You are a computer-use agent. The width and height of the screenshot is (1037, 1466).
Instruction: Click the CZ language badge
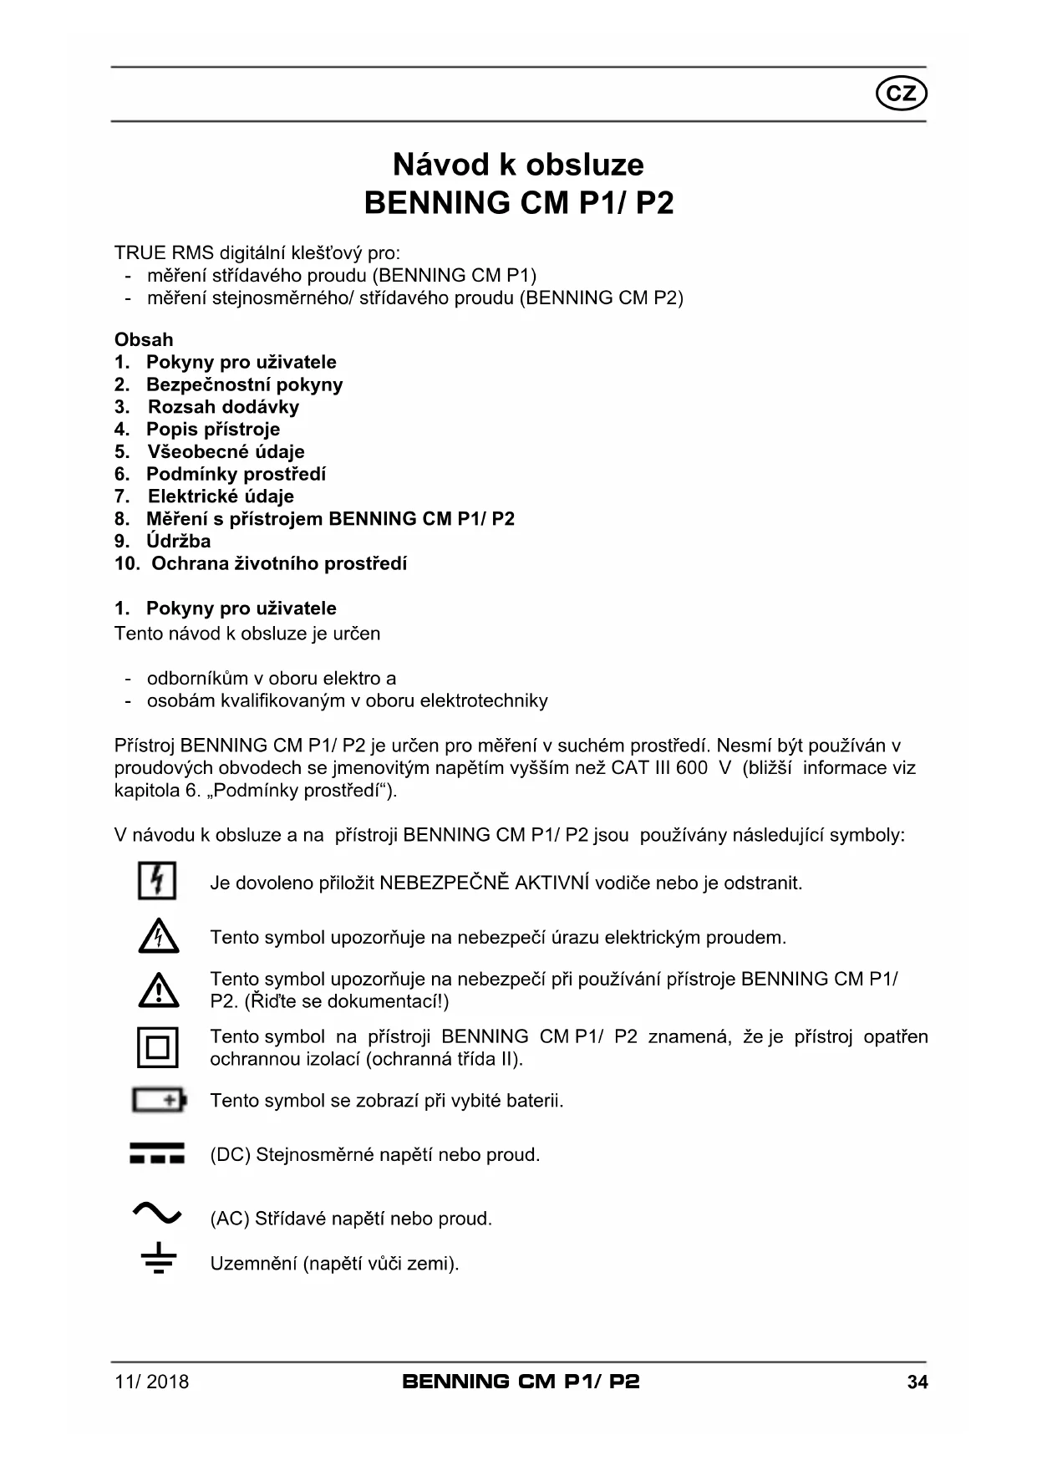[901, 94]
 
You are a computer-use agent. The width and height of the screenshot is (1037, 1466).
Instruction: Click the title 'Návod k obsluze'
[518, 165]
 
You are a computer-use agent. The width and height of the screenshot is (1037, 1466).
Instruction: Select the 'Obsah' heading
[144, 339]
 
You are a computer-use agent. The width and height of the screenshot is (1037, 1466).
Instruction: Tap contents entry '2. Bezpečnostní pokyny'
[229, 384]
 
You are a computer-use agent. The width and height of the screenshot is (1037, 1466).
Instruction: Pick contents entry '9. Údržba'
[163, 541]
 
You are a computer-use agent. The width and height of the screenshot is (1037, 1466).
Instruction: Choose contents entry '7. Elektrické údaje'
[205, 496]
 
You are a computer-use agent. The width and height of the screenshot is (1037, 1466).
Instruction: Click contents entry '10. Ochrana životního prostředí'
[261, 563]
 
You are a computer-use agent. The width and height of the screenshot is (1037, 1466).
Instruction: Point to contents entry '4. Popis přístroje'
[197, 430]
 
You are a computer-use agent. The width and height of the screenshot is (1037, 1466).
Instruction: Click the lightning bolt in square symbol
[157, 882]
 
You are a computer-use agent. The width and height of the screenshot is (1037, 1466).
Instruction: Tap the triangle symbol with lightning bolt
[158, 937]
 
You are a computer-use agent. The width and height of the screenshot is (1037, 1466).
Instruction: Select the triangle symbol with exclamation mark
[158, 990]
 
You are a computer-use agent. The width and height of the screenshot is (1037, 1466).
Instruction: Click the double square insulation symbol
[158, 1047]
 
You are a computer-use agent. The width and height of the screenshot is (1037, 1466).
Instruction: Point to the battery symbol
[159, 1100]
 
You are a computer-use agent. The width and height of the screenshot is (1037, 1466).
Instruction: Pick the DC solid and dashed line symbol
[157, 1153]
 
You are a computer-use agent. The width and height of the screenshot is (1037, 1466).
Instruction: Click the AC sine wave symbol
[157, 1212]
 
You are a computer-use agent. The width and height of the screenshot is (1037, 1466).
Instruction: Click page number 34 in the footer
[917, 1382]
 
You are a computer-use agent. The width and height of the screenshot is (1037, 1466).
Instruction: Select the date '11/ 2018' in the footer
[151, 1382]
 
